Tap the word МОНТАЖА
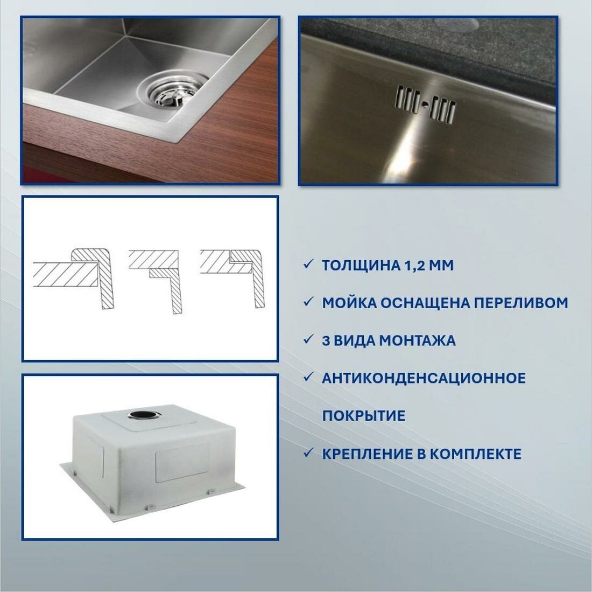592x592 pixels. pyautogui.click(x=417, y=341)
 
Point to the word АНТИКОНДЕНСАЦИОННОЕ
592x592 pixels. pyautogui.click(x=424, y=378)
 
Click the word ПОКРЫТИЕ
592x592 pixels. pyautogui.click(x=364, y=415)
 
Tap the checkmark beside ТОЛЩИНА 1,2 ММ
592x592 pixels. pyautogui.click(x=308, y=264)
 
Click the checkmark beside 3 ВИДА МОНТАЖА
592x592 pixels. pyautogui.click(x=308, y=339)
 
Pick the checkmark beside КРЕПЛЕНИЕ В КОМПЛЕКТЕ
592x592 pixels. pyautogui.click(x=308, y=452)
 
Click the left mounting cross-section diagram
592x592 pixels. pyautogui.click(x=74, y=278)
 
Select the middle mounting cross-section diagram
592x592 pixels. pyautogui.click(x=156, y=281)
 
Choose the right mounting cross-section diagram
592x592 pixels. pyautogui.click(x=232, y=278)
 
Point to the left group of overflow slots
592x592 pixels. pyautogui.click(x=408, y=100)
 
